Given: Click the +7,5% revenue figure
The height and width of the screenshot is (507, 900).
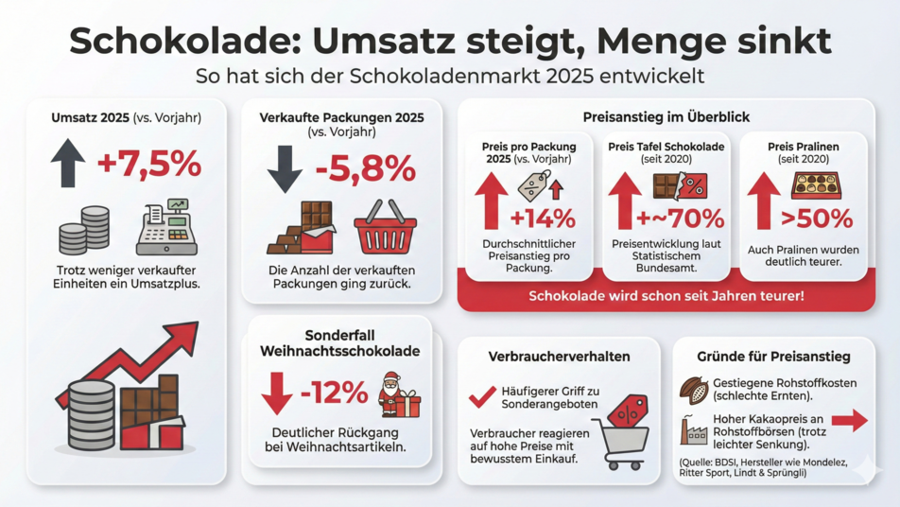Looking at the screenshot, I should tap(149, 165).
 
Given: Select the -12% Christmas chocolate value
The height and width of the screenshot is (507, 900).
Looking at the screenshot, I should tap(334, 392).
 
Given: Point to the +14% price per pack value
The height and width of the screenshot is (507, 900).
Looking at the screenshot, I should tap(543, 219).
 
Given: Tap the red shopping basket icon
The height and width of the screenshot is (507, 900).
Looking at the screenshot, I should tap(385, 227).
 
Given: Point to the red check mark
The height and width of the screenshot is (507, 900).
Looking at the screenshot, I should tap(482, 397).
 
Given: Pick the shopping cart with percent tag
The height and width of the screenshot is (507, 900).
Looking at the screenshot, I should tap(622, 431).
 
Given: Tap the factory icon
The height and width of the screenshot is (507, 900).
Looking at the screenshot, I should tap(694, 430).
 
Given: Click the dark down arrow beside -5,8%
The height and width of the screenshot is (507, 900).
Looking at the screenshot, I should tap(284, 168).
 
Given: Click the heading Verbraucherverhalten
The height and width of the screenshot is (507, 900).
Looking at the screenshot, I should tap(559, 357).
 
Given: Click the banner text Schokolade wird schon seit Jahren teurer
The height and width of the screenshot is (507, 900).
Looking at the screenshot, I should tap(666, 296).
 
